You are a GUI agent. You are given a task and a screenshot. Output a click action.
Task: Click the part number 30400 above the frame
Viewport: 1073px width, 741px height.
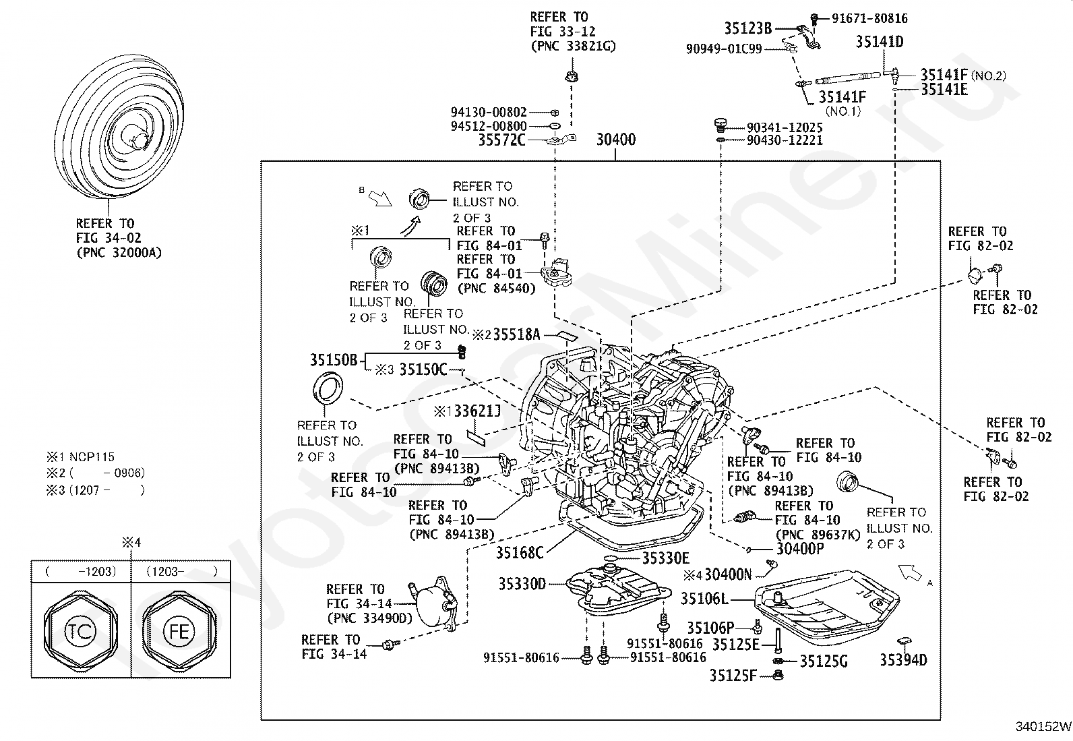tap(615, 140)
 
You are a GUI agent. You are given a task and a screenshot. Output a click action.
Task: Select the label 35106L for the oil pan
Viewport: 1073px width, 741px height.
tap(704, 599)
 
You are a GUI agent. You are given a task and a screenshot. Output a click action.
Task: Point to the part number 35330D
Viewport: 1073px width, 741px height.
tap(522, 584)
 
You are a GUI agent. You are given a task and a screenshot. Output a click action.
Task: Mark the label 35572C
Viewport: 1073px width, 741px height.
tap(501, 140)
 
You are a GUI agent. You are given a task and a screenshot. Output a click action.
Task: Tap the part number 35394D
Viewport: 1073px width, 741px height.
tap(903, 660)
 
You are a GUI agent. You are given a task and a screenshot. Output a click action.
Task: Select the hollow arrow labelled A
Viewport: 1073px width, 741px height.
tap(910, 573)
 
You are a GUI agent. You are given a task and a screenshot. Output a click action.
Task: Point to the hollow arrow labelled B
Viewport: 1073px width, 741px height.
tap(381, 198)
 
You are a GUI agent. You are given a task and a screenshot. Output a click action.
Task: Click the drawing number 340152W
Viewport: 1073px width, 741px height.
tap(1043, 727)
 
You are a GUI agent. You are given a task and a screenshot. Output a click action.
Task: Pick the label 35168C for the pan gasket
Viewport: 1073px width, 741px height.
tap(520, 553)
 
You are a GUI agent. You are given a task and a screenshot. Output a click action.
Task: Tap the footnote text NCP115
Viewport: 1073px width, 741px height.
tap(92, 457)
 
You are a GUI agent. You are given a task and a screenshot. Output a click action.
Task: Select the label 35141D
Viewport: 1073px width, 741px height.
tap(880, 42)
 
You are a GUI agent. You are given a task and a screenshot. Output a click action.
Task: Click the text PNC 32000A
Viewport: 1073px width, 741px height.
tap(119, 253)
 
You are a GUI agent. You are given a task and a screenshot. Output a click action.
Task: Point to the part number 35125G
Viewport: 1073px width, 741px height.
tap(823, 661)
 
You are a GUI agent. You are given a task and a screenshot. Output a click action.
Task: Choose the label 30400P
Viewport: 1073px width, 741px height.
tap(800, 549)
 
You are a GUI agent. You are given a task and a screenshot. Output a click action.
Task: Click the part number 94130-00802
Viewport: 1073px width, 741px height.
tap(489, 113)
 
